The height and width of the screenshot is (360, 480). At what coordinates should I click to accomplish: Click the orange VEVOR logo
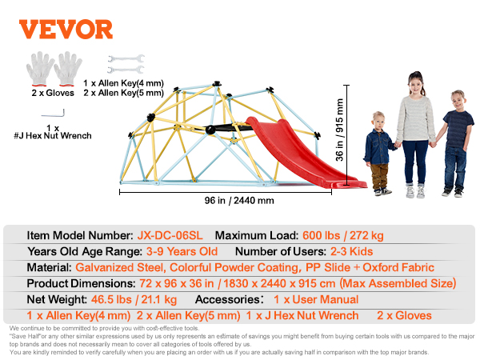(x=66, y=30)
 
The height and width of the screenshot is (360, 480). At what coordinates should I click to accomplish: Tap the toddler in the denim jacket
(x=379, y=154)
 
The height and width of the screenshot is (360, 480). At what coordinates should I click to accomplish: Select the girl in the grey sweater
(x=415, y=134)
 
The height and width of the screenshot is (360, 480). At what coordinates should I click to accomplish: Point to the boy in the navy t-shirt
(x=454, y=143)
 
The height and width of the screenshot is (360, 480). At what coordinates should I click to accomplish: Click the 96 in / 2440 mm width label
(x=239, y=201)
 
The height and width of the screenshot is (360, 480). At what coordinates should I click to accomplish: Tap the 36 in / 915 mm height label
(x=339, y=130)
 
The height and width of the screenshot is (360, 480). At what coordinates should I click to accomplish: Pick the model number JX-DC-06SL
(x=170, y=235)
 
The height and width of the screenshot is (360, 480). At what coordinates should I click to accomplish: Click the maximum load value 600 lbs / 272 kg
(x=343, y=235)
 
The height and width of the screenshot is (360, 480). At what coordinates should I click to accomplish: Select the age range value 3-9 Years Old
(x=182, y=251)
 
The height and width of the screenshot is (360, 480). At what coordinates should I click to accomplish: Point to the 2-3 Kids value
(x=351, y=251)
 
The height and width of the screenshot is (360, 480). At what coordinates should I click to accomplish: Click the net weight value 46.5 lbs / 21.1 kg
(x=134, y=299)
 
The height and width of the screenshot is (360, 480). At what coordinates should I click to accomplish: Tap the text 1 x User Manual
(x=316, y=299)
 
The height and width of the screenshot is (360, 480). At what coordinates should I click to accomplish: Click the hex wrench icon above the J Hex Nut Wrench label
(x=53, y=114)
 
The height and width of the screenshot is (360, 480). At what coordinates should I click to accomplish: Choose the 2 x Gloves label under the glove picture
(x=53, y=93)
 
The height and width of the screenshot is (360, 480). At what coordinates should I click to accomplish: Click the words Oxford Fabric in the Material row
(x=398, y=267)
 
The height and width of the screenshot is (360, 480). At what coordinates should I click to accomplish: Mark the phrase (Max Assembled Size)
(x=398, y=283)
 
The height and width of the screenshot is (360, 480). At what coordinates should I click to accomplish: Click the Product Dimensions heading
(x=81, y=283)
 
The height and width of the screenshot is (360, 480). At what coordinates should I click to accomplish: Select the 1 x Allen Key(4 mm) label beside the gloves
(x=124, y=83)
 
